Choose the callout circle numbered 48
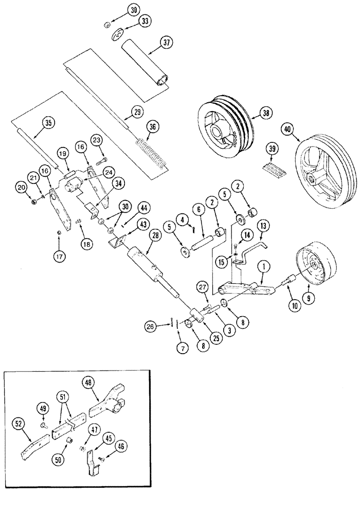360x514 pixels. click(x=88, y=382)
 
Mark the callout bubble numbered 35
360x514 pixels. click(x=48, y=122)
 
